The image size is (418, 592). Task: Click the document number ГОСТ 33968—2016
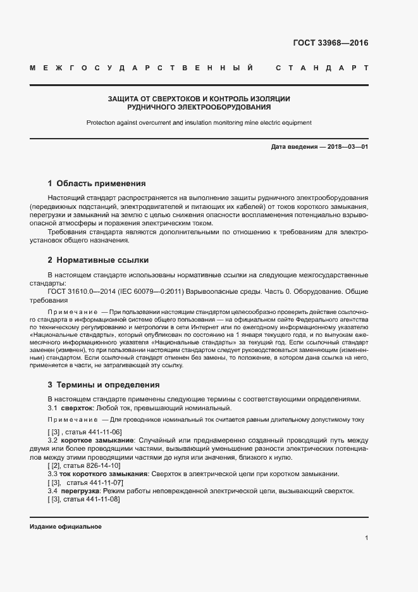pos(330,44)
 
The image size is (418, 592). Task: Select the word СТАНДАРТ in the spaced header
pos(322,67)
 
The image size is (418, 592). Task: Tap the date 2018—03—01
pos(345,147)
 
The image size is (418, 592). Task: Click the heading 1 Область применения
pos(97,184)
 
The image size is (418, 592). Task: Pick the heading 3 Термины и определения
pos(104,385)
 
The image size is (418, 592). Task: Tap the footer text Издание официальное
pos(66,527)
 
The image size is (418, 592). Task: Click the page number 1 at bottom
pos(366,538)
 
